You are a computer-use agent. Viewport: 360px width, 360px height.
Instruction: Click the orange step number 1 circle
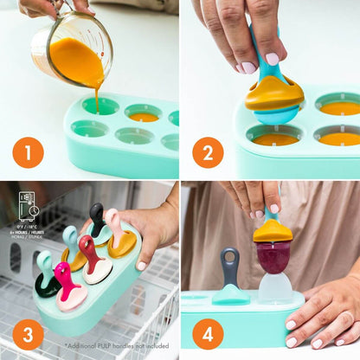[x=28, y=152]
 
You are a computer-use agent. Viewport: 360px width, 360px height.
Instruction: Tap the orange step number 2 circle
[x=208, y=152]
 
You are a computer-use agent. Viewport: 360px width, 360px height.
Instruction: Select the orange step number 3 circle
[x=28, y=333]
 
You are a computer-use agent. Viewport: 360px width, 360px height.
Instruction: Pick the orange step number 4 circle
[x=208, y=333]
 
